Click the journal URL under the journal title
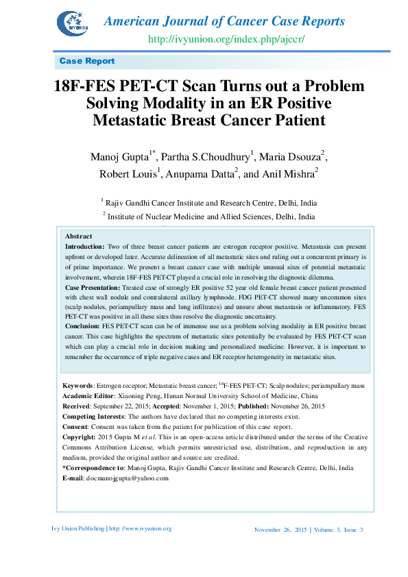[226, 38]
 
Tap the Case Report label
[87, 61]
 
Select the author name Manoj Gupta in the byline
[120, 158]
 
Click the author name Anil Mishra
[289, 175]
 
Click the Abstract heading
[79, 236]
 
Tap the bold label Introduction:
[84, 245]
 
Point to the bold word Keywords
[77, 386]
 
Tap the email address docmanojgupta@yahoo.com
[126, 478]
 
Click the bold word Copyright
[78, 437]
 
